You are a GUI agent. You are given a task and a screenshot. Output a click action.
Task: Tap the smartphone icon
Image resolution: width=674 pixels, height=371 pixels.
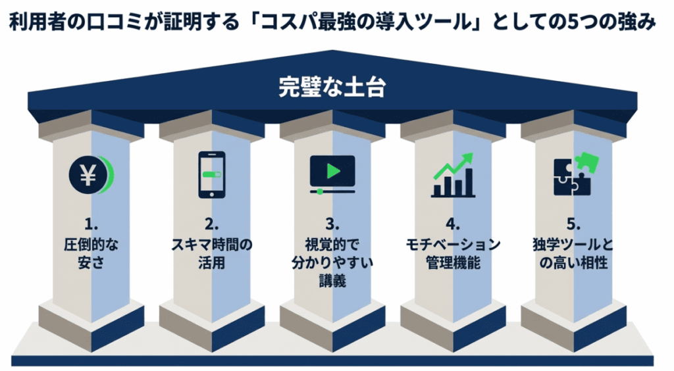(212, 174)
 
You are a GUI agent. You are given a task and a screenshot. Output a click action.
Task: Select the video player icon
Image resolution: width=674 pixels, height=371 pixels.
(332, 174)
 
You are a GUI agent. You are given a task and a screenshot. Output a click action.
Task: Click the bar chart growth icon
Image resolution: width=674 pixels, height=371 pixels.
(453, 175)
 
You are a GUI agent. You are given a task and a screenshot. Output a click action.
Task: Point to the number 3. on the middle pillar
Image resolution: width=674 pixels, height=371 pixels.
(332, 224)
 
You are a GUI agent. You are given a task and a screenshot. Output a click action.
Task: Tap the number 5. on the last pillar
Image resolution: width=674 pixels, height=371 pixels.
(573, 224)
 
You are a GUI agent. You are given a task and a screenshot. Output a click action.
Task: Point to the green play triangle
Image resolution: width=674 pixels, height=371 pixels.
(334, 171)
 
